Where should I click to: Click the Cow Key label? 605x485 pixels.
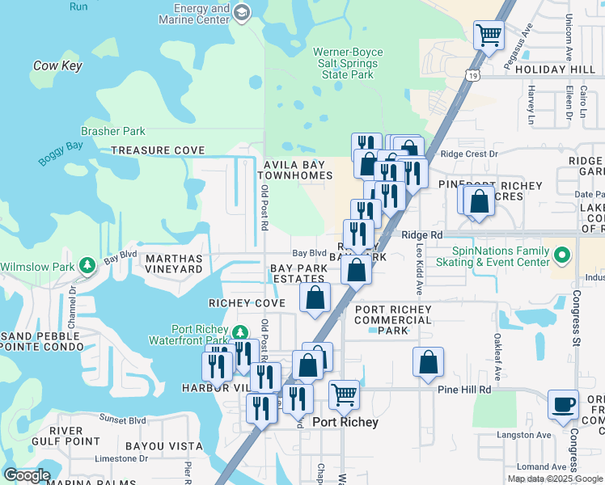pyautogui.click(x=57, y=66)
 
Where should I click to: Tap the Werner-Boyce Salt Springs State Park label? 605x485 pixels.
pyautogui.click(x=348, y=63)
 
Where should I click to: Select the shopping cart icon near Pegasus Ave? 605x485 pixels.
pyautogui.click(x=489, y=36)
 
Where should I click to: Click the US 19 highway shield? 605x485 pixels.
pyautogui.click(x=470, y=74)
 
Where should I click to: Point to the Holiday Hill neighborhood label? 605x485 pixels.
pyautogui.click(x=554, y=70)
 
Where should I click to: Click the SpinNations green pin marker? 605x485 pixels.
pyautogui.click(x=563, y=257)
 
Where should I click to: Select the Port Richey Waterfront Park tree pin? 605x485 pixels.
pyautogui.click(x=239, y=333)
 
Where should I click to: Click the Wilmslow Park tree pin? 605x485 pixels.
pyautogui.click(x=87, y=265)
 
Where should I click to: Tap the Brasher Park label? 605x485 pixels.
pyautogui.click(x=112, y=131)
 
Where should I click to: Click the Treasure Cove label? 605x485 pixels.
pyautogui.click(x=158, y=150)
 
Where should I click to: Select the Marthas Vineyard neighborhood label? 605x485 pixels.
pyautogui.click(x=173, y=264)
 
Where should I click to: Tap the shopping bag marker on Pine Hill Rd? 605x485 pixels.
pyautogui.click(x=428, y=364)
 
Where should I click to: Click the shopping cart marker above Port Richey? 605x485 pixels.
pyautogui.click(x=345, y=396)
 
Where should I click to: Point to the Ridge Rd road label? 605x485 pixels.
pyautogui.click(x=422, y=234)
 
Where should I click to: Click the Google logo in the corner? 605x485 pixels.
pyautogui.click(x=27, y=475)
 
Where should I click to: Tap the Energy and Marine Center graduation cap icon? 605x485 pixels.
pyautogui.click(x=243, y=12)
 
